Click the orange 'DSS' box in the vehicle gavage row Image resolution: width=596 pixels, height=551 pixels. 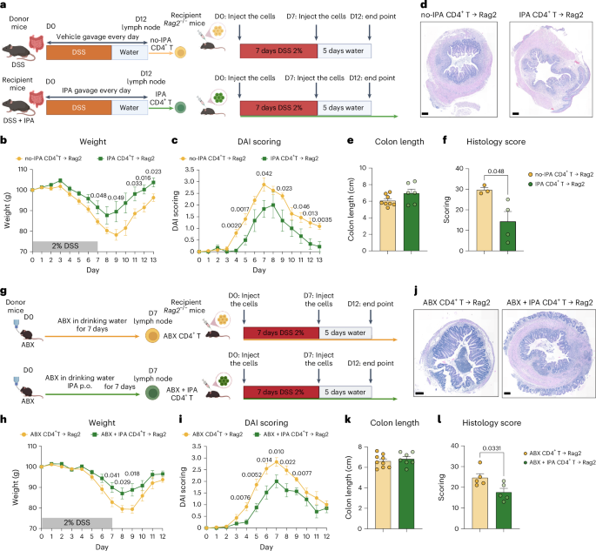(x=72, y=52)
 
